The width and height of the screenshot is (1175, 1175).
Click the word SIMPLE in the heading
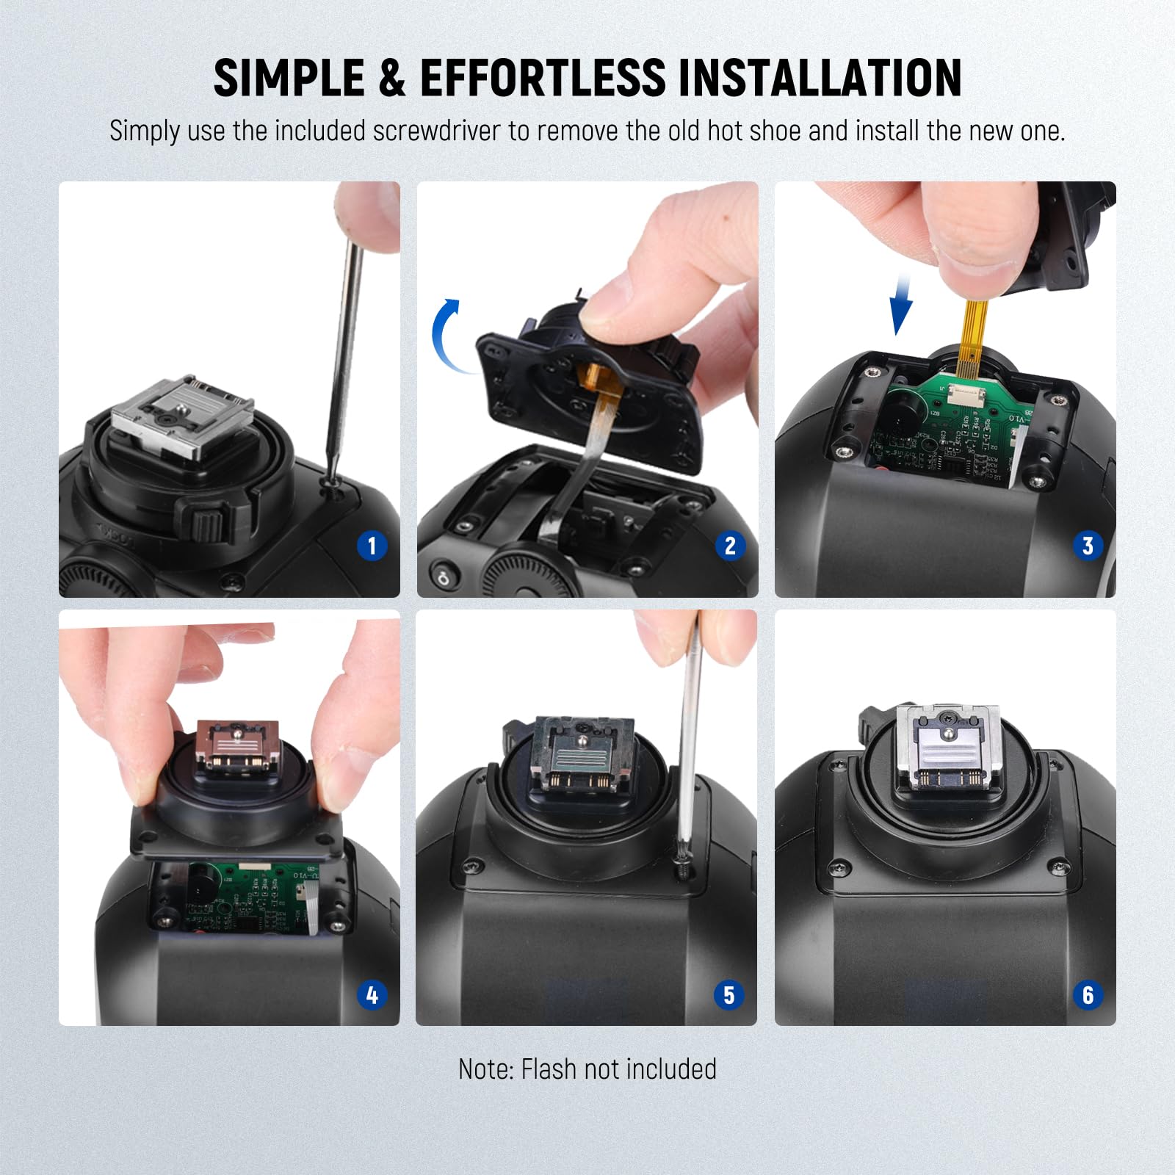click(x=289, y=78)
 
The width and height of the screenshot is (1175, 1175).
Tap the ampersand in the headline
click(x=392, y=78)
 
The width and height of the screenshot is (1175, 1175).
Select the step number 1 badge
click(x=372, y=546)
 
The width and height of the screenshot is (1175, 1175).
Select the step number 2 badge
click(x=729, y=546)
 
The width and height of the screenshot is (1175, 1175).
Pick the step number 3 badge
click(x=1088, y=546)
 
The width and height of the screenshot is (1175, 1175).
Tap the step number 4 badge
click(x=372, y=995)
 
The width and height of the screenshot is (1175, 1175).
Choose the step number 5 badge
click(x=728, y=995)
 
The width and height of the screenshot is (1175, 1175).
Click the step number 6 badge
click(x=1088, y=995)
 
